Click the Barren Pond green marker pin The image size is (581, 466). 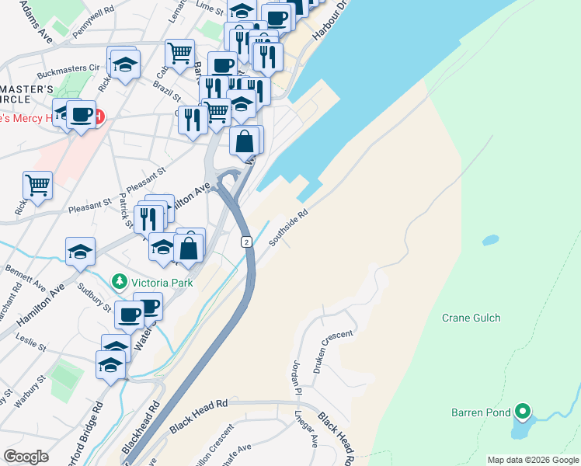coord(524,411)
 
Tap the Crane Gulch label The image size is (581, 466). coord(471,318)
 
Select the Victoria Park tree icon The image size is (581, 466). coord(119,280)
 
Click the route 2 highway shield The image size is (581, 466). coord(245,242)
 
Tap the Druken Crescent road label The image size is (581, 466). coord(333,353)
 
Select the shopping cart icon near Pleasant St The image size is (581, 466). coord(37,185)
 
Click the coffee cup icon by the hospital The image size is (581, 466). coord(81,115)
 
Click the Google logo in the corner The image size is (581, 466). coord(26,456)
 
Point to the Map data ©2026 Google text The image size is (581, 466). coord(533,460)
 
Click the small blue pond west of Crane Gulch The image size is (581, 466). coord(490,240)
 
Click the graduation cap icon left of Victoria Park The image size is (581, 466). coord(80,251)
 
